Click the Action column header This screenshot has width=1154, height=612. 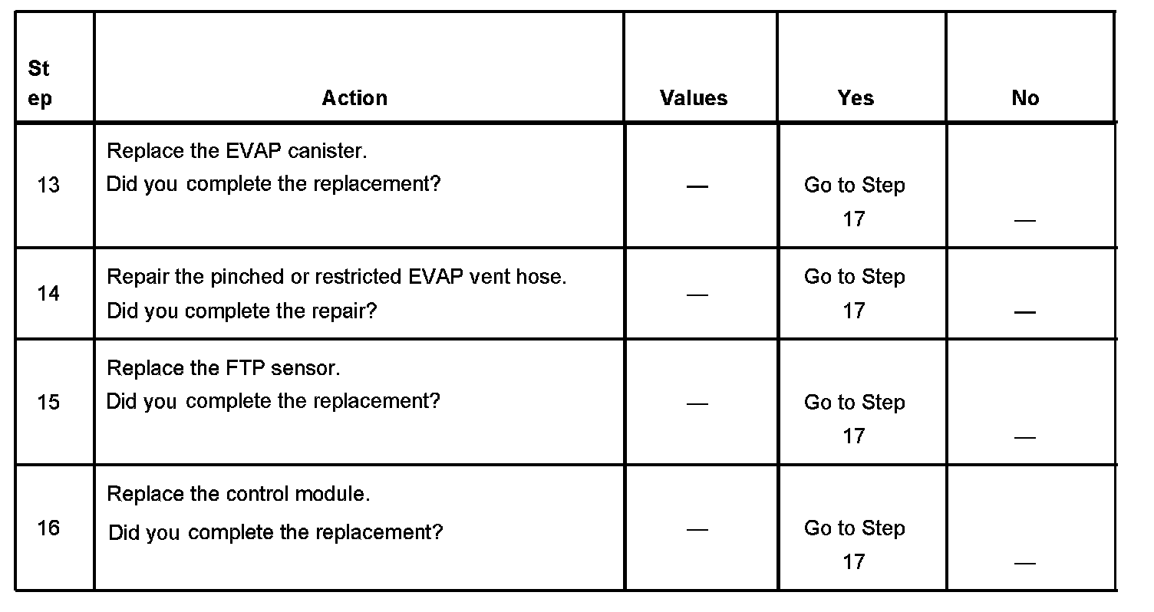point(354,98)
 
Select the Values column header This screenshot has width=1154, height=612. point(694,98)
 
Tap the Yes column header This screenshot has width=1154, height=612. point(856,98)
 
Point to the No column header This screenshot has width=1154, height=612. point(1025,98)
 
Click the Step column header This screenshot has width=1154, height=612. point(40,84)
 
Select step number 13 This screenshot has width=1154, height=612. point(48,186)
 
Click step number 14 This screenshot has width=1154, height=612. point(48,294)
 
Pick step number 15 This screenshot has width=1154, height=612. point(48,403)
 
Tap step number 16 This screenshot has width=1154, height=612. point(48,528)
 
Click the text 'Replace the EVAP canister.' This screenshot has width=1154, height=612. point(237,151)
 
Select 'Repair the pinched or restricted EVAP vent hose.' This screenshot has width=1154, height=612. point(336,277)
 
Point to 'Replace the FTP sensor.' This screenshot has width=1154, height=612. point(223,368)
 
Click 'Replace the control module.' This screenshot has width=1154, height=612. point(239,494)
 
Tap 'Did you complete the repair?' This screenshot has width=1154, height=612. point(242,311)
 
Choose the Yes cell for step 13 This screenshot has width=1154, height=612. point(855,202)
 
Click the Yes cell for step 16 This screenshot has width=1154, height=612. point(855,545)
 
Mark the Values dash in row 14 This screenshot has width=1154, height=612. point(697,294)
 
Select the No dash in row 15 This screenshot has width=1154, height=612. point(1024,437)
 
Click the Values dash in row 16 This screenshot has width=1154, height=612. point(697,529)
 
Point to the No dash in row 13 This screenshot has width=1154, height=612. point(1024,221)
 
